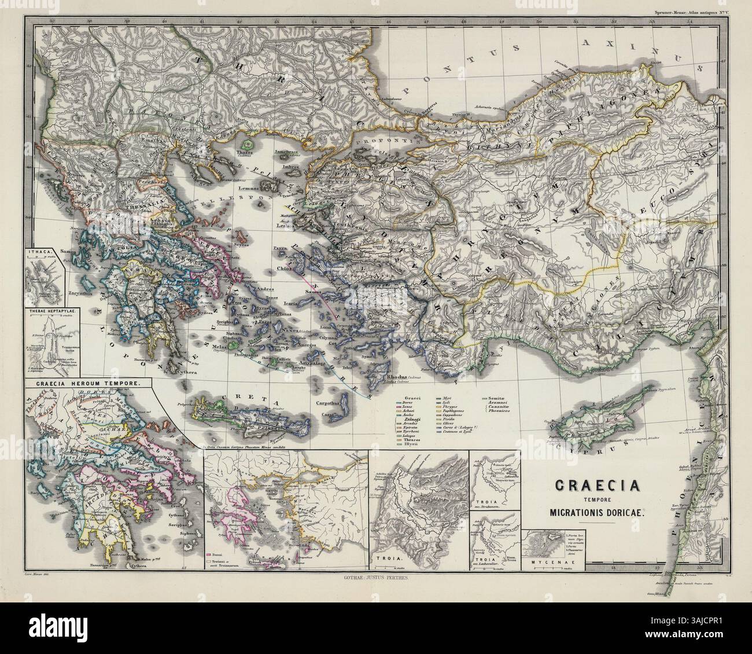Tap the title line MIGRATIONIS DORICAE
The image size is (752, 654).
595,512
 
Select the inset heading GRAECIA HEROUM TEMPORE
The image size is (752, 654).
87,383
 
